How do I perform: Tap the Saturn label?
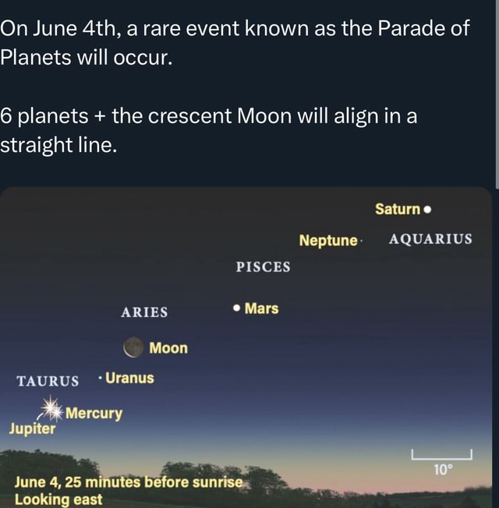pos(398,209)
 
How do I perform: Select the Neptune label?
pos(328,240)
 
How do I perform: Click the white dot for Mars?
pos(235,309)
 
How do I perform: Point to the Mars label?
pos(261,309)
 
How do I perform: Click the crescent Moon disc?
pos(134,347)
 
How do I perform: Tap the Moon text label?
pos(168,347)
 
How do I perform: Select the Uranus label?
pos(129,378)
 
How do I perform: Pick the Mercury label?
pos(94,413)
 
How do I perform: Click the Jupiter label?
pos(32,429)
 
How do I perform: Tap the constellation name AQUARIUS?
pos(430,239)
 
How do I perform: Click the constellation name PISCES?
pos(263,267)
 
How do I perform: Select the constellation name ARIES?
pos(144,312)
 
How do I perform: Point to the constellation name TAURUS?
pos(48,381)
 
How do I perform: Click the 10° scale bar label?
pos(442,469)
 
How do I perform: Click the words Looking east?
pos(58,499)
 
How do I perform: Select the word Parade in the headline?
pos(410,30)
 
